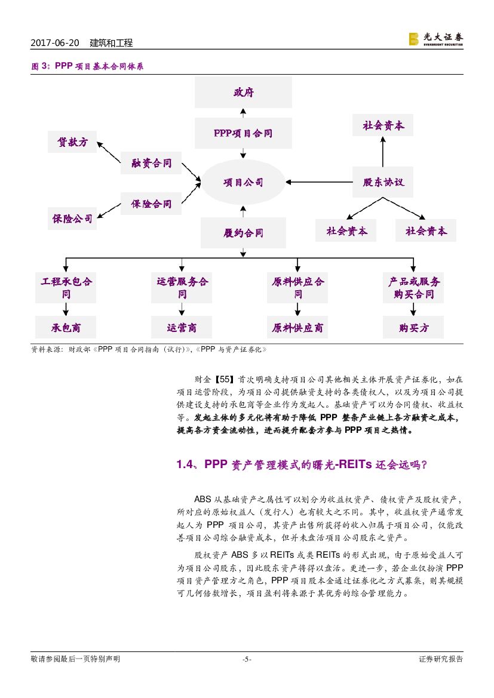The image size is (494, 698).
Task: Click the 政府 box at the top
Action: tap(243, 93)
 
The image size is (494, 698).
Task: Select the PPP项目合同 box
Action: tap(243, 133)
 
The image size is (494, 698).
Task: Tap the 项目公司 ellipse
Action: tap(243, 182)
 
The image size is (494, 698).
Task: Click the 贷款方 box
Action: tap(72, 142)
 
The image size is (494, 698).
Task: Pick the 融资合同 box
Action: tap(151, 162)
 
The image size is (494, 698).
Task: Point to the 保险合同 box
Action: tap(151, 204)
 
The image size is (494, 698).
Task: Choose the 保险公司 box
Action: tap(72, 219)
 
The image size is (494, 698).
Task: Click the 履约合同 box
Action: tap(243, 232)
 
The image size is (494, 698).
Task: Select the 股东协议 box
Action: tap(383, 182)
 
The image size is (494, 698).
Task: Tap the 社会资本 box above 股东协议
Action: tap(383, 126)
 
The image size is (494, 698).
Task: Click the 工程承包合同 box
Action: tap(66, 288)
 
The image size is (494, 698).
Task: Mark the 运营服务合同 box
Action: tap(182, 288)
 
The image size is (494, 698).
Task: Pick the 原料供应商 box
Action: tap(297, 328)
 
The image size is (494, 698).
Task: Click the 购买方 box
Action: tap(413, 328)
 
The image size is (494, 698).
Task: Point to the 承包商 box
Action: tap(66, 328)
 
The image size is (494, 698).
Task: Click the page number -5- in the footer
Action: tap(246, 659)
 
